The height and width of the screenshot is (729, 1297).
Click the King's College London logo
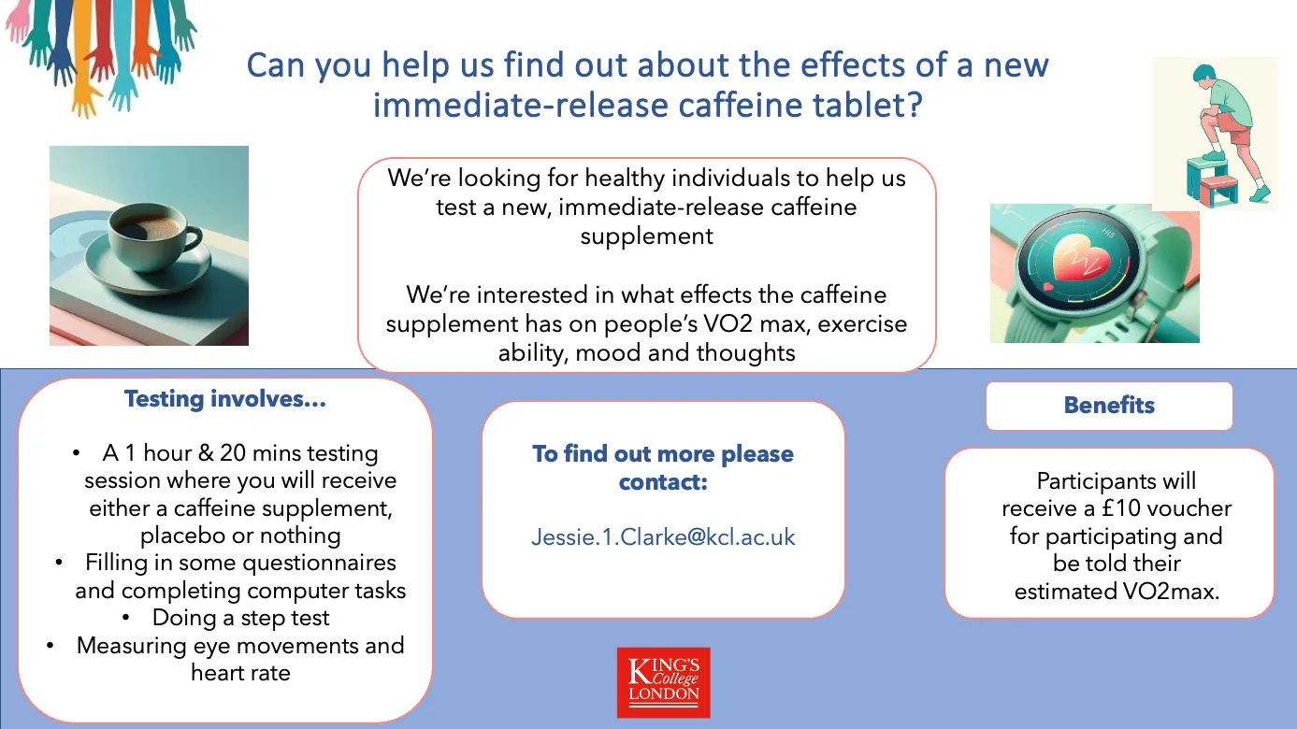(664, 682)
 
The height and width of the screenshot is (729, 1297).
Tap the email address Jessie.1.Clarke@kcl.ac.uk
(664, 536)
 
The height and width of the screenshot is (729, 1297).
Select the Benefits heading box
(1109, 406)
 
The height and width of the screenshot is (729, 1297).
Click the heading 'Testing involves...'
(225, 399)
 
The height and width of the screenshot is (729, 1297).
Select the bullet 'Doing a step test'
(241, 618)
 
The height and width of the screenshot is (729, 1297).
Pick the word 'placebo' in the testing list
(183, 536)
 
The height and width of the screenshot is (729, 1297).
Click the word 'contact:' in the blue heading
(664, 482)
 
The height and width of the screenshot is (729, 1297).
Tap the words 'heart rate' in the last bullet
(241, 673)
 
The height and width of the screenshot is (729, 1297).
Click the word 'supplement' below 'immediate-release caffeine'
(647, 236)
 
